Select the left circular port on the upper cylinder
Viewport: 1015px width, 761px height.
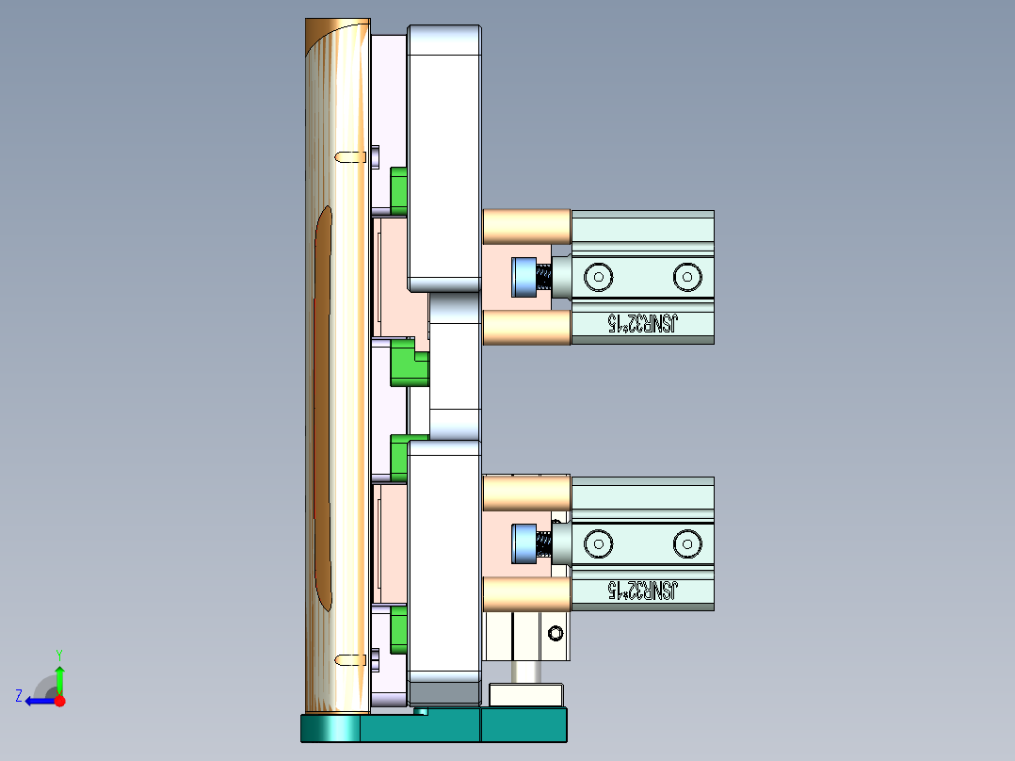(597, 277)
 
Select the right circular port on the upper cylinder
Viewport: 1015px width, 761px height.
(687, 277)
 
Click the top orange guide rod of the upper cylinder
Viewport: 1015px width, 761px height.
(526, 225)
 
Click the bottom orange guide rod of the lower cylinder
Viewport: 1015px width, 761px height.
(526, 593)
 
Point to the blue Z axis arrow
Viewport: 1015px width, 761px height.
(38, 701)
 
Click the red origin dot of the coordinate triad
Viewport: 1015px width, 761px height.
(60, 701)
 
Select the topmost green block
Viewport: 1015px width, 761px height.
(398, 188)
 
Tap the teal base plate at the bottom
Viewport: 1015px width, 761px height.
(433, 727)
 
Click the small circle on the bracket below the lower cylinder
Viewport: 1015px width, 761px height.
(556, 632)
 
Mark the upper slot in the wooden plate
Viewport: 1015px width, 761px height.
(351, 154)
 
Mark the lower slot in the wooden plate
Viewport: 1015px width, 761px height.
(351, 658)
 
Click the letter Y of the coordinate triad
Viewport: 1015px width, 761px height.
(58, 654)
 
